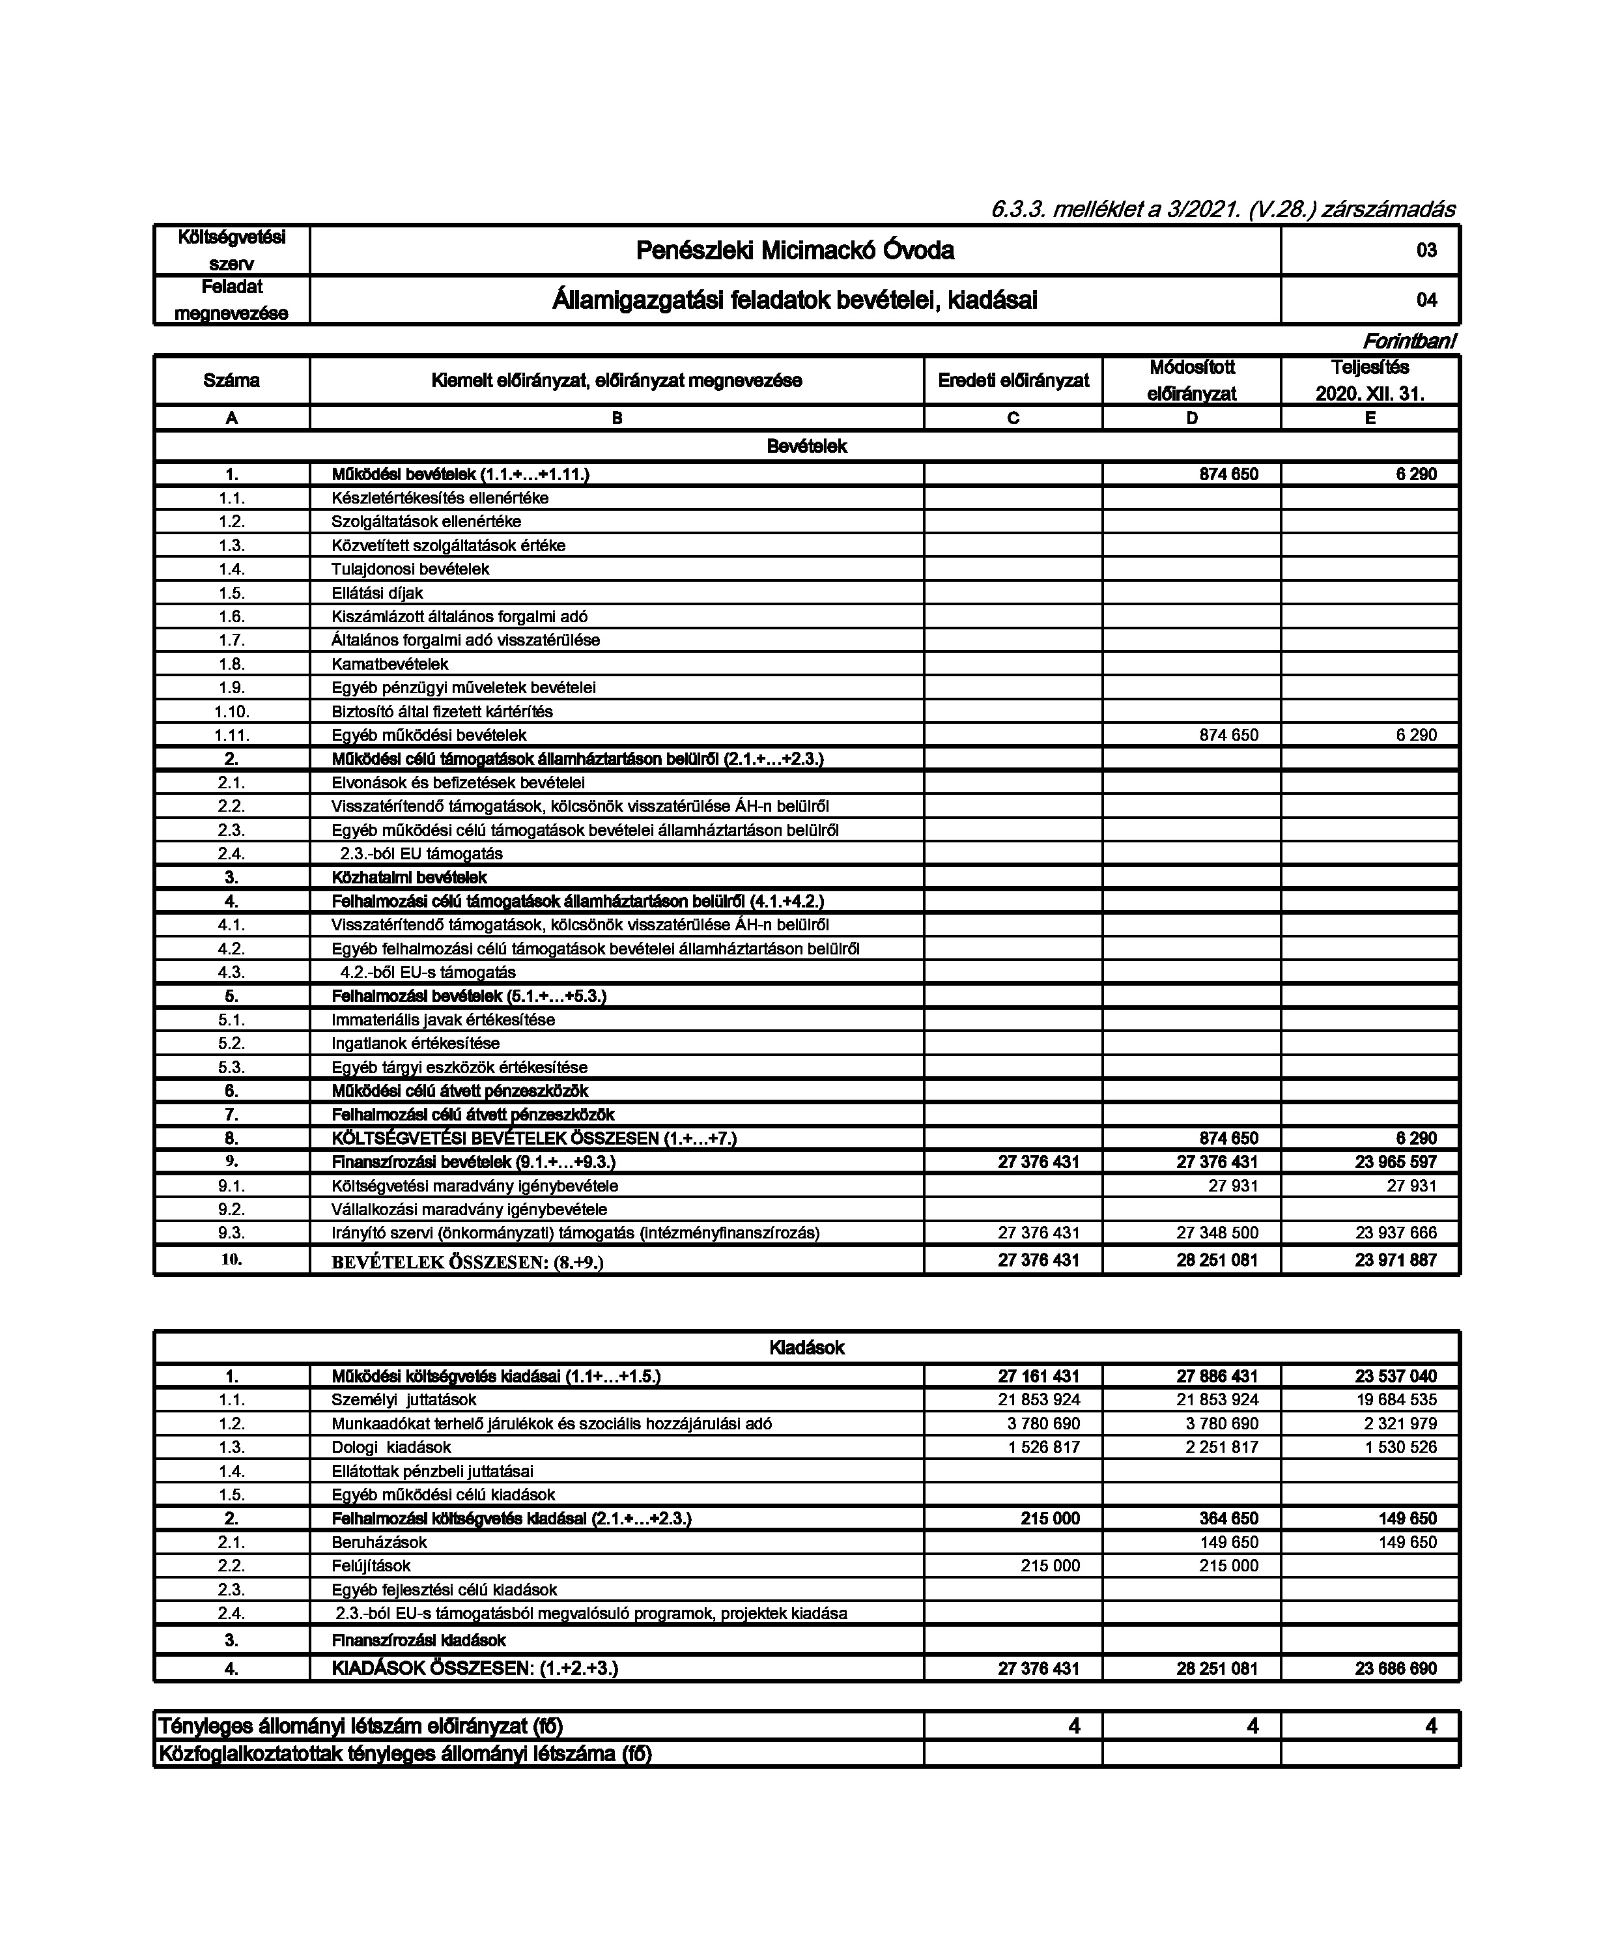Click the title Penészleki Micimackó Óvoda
coord(794,250)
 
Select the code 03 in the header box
coord(1426,250)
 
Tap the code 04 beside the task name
coord(1426,300)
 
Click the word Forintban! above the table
coord(1409,341)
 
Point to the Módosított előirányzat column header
coord(1191,380)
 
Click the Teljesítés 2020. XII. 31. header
coord(1370,380)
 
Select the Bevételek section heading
coord(806,446)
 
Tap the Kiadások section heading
coord(806,1348)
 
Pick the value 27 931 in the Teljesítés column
coord(1410,1186)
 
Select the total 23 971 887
coord(1396,1261)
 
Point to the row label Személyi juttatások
coord(404,1399)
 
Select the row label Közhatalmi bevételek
coord(409,878)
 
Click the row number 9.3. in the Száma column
coord(231,1233)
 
